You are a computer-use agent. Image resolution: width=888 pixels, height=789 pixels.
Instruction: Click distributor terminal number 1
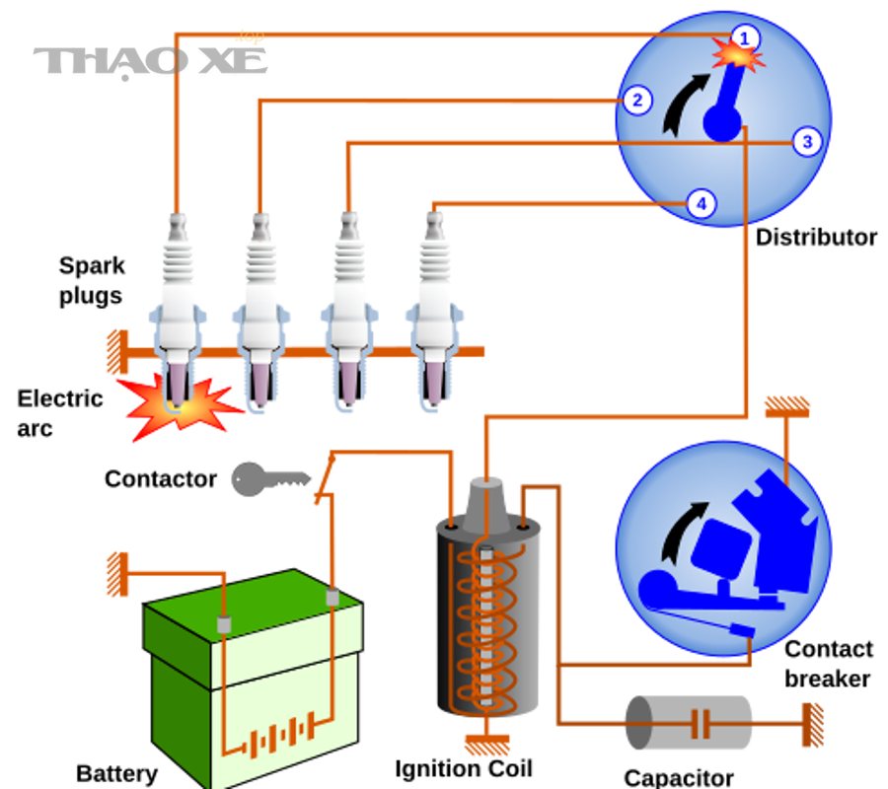click(x=745, y=38)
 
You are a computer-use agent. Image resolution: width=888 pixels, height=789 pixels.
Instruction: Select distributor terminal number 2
click(x=637, y=101)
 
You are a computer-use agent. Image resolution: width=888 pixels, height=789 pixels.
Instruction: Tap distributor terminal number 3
click(x=807, y=141)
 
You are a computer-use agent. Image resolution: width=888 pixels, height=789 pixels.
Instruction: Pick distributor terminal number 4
click(x=702, y=204)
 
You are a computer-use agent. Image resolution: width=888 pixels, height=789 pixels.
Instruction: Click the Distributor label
click(x=816, y=237)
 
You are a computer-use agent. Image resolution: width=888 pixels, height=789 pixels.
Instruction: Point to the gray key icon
click(x=270, y=479)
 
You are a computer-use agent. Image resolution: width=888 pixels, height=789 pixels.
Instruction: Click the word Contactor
click(x=160, y=479)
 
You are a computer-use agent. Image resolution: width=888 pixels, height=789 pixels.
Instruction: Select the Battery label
click(x=116, y=774)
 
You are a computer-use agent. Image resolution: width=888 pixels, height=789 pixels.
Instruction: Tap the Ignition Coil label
click(x=464, y=769)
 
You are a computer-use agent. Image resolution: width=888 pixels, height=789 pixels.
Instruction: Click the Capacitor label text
click(x=679, y=778)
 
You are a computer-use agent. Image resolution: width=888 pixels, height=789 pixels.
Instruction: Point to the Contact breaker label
click(x=829, y=664)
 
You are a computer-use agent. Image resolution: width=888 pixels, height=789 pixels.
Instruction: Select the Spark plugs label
click(x=92, y=281)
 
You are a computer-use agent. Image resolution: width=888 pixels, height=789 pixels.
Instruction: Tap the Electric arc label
click(x=60, y=413)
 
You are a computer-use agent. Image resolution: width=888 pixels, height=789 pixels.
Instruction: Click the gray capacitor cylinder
click(x=688, y=723)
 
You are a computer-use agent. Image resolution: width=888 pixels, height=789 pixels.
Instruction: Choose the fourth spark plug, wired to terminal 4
click(x=434, y=312)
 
